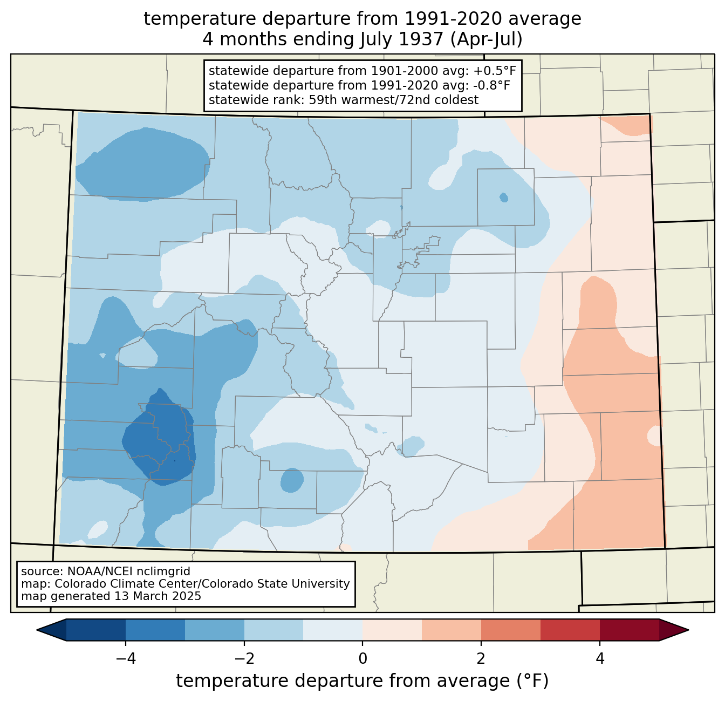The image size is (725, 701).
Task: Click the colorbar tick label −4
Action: coord(126,659)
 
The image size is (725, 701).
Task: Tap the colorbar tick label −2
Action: coord(244,659)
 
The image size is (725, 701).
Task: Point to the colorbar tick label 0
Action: coord(362,659)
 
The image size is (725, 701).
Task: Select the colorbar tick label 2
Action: coord(481,659)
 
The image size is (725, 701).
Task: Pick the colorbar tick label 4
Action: coord(599,659)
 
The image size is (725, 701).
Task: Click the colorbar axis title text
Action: coord(362,681)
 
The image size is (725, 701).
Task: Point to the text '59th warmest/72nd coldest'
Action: coord(394,100)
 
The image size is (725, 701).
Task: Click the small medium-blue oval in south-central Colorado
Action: coord(292,480)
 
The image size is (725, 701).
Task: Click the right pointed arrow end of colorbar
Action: coord(674,630)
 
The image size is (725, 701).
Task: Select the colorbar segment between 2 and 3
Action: coord(510,630)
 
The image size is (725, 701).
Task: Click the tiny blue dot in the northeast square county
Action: coord(503,197)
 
